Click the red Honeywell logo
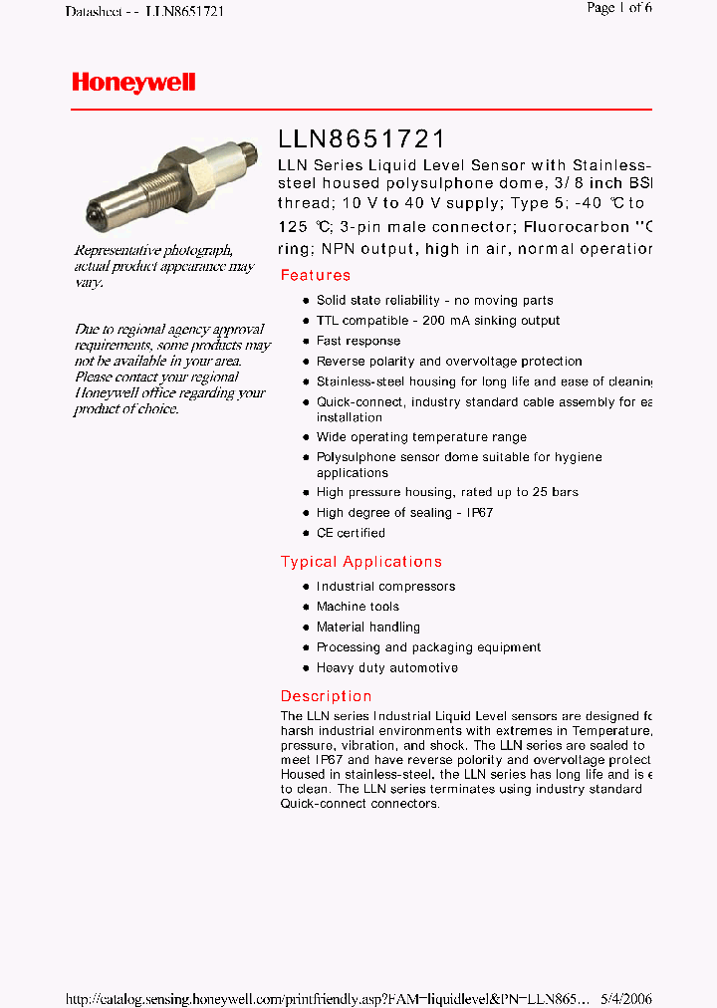tap(133, 83)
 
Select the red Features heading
tap(315, 276)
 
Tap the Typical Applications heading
tap(360, 562)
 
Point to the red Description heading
tap(326, 696)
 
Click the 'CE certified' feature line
tap(351, 533)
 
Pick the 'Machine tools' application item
tap(358, 607)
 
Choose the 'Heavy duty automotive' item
tap(387, 668)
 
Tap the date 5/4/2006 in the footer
tap(626, 999)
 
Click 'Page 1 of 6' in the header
tap(619, 9)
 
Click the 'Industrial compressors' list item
tap(385, 587)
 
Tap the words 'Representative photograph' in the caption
tap(153, 250)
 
